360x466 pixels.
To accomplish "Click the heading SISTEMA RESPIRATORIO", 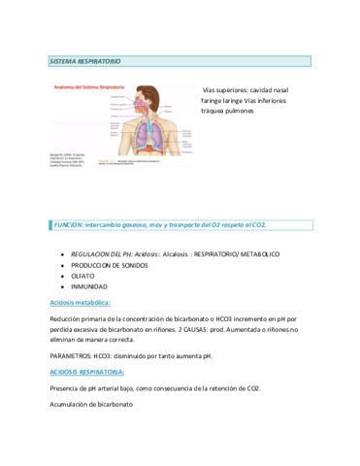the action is point(85,61).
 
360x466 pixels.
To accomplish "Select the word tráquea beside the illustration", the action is point(214,111).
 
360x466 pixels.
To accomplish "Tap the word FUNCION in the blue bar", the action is point(71,224).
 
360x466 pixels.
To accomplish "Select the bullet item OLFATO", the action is point(82,276).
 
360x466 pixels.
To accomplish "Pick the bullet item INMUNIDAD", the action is point(89,286).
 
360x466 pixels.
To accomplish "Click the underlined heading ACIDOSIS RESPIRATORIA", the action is point(86,372).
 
